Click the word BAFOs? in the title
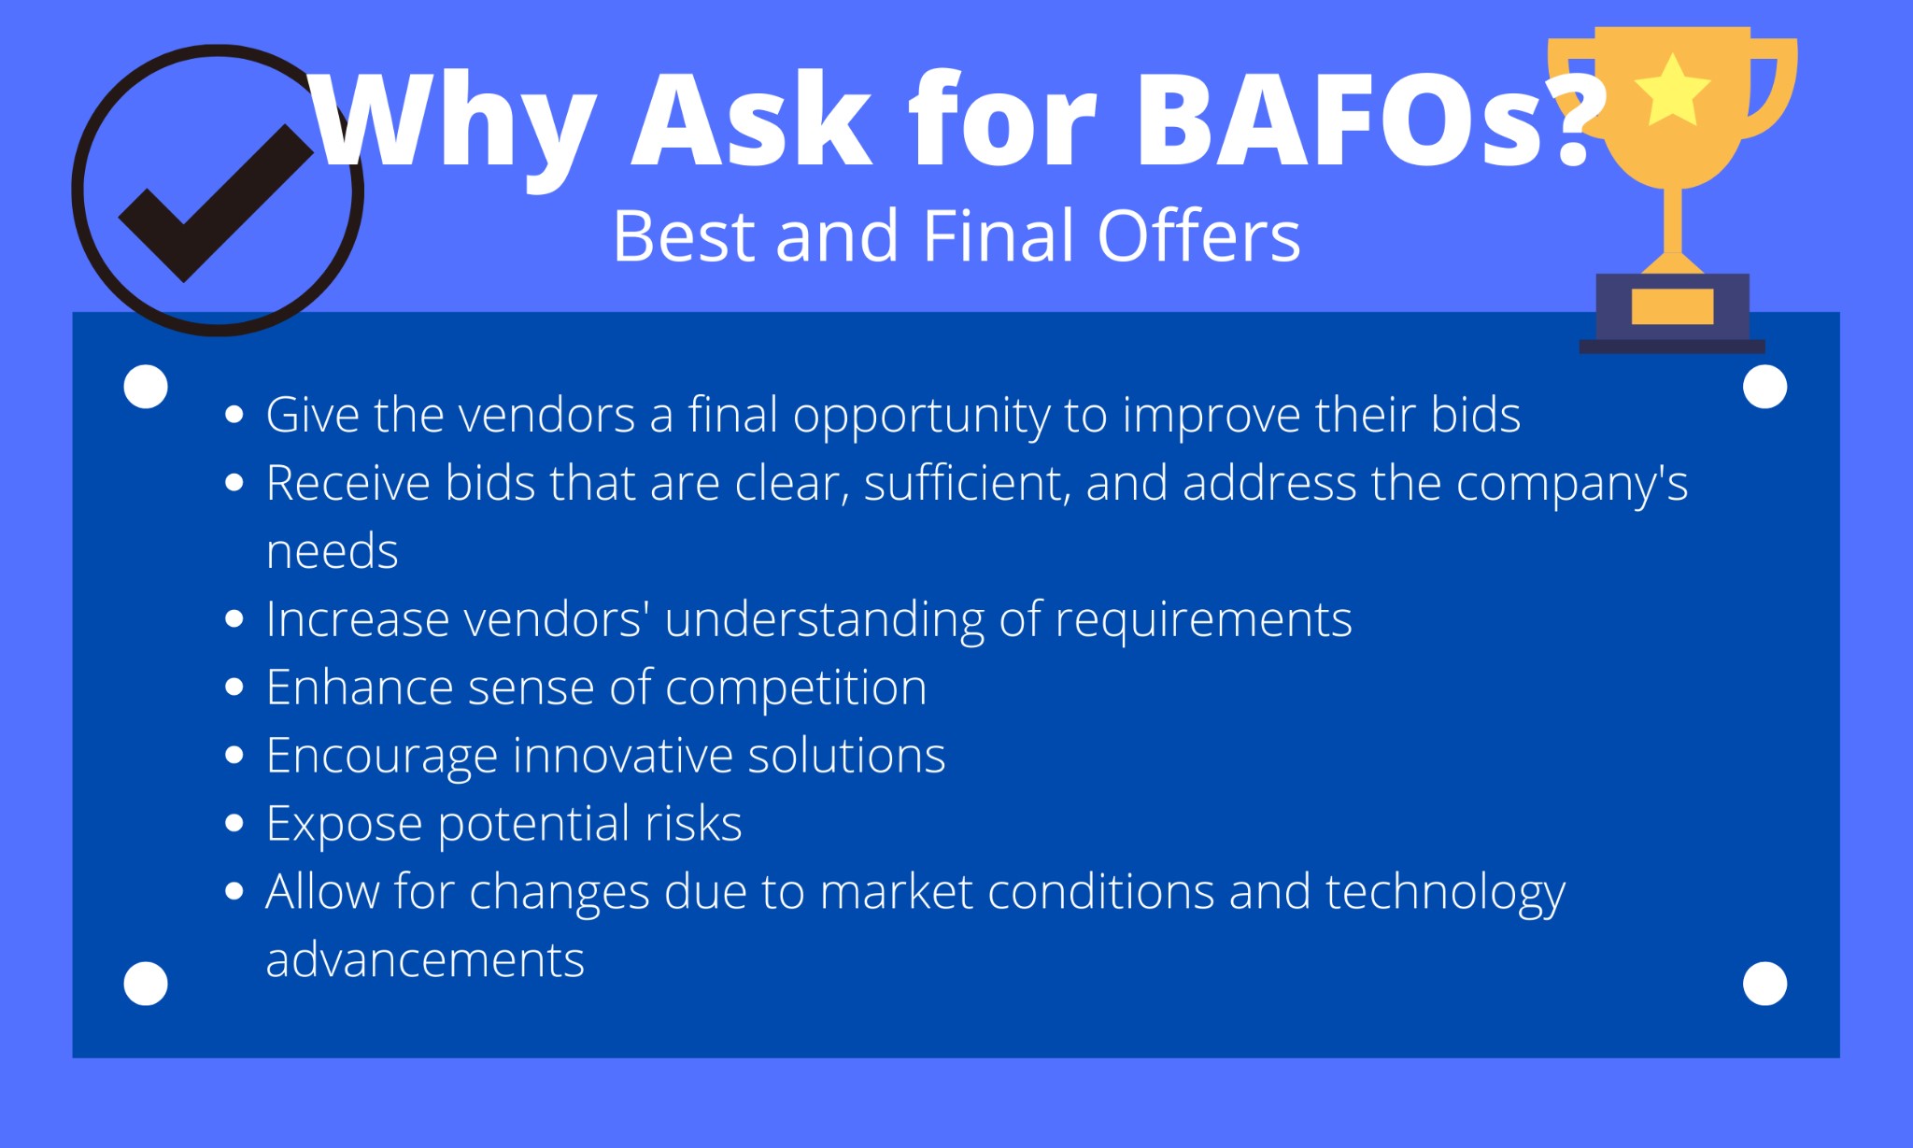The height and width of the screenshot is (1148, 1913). tap(1369, 120)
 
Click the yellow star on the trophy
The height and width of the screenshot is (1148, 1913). tap(1672, 91)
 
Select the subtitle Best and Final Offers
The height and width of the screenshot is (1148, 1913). tap(956, 235)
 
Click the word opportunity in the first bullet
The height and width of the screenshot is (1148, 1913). tap(922, 416)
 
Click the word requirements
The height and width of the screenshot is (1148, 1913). tap(1203, 620)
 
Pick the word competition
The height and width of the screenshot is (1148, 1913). tap(796, 688)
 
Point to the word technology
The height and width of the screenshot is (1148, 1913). tap(1445, 893)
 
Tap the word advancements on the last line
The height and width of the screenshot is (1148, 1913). tap(425, 960)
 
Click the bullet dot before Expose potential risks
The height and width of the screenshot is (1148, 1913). tap(234, 823)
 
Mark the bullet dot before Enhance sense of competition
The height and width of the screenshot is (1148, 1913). tap(234, 687)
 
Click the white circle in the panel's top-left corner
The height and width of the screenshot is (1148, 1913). tap(146, 386)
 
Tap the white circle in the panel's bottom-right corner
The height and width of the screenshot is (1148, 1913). tap(1764, 984)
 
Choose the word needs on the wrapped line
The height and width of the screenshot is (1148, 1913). tap(333, 552)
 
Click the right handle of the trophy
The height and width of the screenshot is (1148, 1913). tap(1771, 89)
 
